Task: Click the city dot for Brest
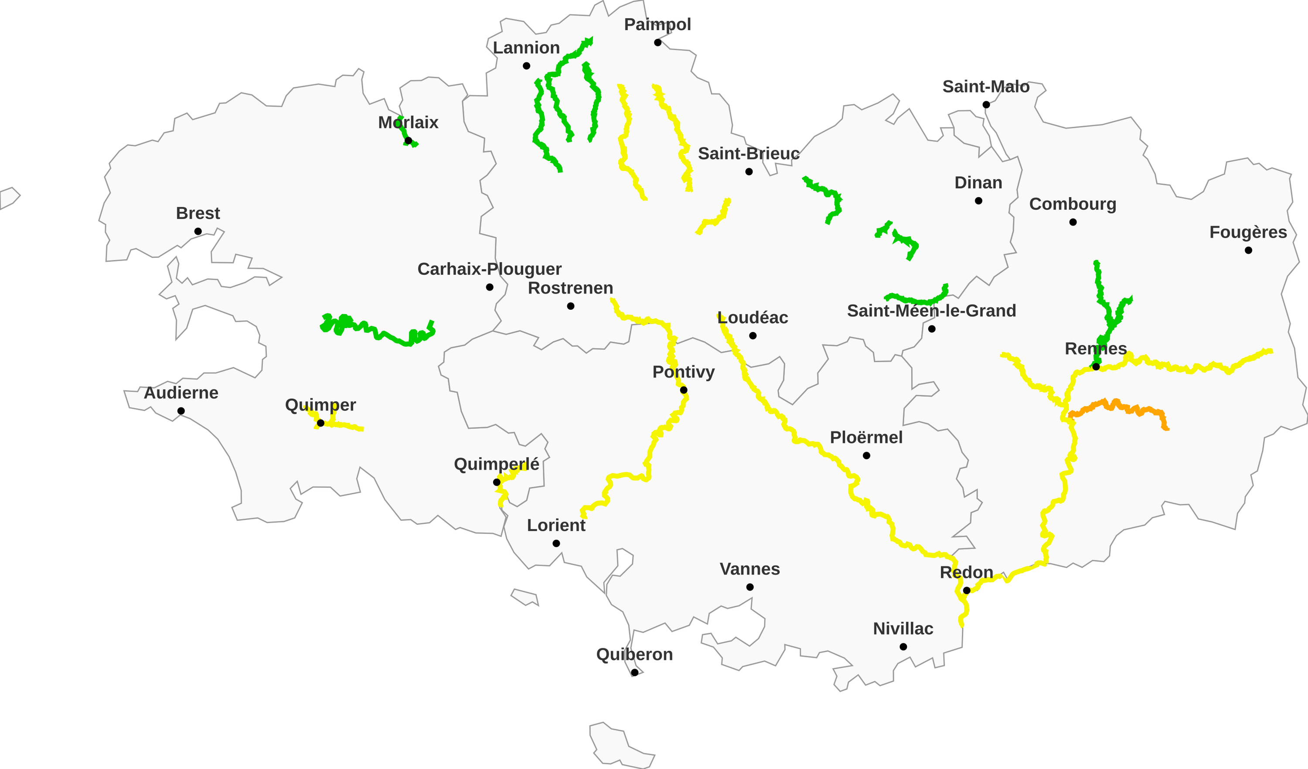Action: [198, 232]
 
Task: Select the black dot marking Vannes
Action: [750, 587]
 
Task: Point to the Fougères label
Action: [1248, 232]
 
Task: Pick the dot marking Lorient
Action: [556, 543]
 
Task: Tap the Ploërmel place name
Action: [866, 437]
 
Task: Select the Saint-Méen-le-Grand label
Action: [931, 311]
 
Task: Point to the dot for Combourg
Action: [1073, 222]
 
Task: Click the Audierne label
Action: [181, 393]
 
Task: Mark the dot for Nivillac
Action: [903, 647]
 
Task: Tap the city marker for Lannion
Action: [526, 66]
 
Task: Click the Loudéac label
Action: [753, 317]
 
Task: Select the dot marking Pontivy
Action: [684, 390]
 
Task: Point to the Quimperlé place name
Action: [496, 464]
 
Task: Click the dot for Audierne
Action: [181, 411]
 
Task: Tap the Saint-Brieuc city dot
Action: [749, 172]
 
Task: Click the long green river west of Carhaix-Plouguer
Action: [379, 332]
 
